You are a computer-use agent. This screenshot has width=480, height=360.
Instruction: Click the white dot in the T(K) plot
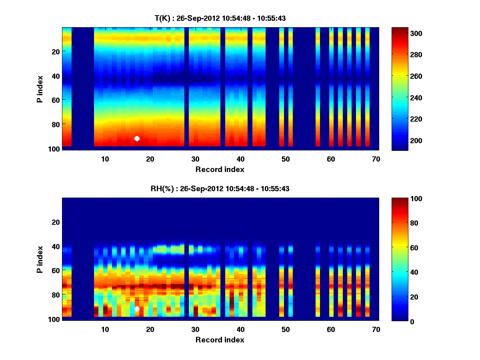pyautogui.click(x=137, y=138)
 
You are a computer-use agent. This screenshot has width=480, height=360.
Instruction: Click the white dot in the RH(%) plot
pyautogui.click(x=137, y=309)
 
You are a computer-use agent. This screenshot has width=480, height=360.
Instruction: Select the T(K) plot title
pyautogui.click(x=220, y=18)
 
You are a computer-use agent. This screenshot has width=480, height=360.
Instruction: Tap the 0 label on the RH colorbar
pyautogui.click(x=398, y=321)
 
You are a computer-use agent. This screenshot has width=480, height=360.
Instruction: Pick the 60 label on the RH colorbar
pyautogui.click(x=401, y=248)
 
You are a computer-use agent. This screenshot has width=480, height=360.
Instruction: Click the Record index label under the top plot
pyautogui.click(x=220, y=169)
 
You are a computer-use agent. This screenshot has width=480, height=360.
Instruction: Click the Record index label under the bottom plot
pyautogui.click(x=220, y=340)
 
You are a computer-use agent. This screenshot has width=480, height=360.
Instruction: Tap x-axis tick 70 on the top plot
pyautogui.click(x=376, y=159)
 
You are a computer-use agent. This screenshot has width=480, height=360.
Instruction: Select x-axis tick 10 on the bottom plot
pyautogui.click(x=105, y=329)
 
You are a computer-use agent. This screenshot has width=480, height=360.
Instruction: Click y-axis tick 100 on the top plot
pyautogui.click(x=54, y=149)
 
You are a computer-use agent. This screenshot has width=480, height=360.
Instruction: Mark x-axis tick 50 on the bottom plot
pyautogui.click(x=286, y=329)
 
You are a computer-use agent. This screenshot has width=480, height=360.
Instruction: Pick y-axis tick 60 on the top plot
pyautogui.click(x=56, y=100)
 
